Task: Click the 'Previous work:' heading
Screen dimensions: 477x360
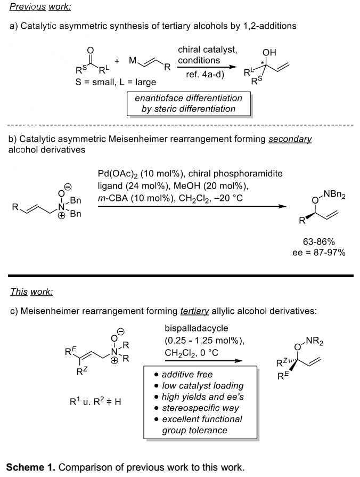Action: coord(40,7)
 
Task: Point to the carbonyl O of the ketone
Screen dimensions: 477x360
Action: coord(91,52)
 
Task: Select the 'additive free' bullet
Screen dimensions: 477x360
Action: coord(187,375)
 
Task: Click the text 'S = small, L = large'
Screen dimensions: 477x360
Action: coord(116,82)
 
